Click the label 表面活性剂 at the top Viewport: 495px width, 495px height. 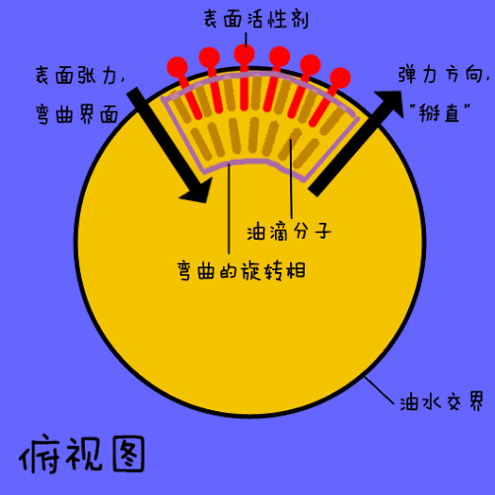[256, 19]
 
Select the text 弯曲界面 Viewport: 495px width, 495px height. [77, 114]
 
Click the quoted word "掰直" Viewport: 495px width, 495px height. [440, 112]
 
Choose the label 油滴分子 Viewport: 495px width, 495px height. [289, 231]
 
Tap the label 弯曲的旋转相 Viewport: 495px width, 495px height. [242, 271]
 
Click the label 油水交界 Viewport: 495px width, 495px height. [442, 401]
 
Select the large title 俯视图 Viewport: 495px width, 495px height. [82, 455]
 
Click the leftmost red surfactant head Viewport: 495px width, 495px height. [177, 67]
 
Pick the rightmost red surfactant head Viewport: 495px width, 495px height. [340, 78]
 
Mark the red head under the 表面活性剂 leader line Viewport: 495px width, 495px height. [245, 54]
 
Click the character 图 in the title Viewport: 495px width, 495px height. [128, 454]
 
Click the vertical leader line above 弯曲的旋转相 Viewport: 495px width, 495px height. [229, 208]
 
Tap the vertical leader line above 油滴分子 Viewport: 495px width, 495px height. [291, 178]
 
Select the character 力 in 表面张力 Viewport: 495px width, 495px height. [109, 75]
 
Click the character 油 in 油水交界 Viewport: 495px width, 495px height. [409, 402]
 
